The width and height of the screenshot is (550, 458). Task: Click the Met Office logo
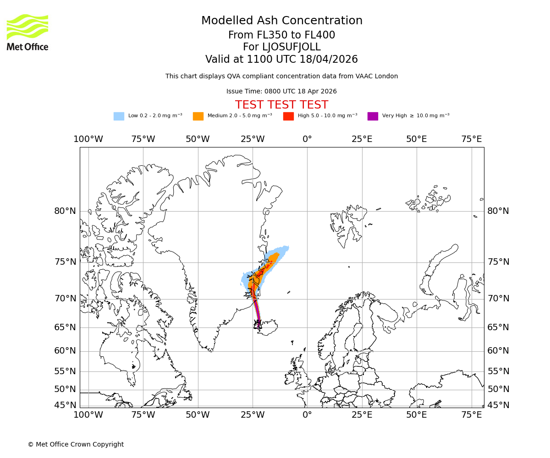[x=27, y=32]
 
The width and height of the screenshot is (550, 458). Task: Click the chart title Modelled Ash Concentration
[x=281, y=21]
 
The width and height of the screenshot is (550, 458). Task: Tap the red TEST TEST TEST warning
[x=281, y=105]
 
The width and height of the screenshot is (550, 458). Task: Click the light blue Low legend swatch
[x=119, y=116]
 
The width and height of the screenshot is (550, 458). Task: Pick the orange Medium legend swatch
[x=198, y=116]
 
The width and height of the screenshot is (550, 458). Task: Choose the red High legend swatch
[x=288, y=116]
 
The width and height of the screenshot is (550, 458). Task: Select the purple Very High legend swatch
[x=373, y=116]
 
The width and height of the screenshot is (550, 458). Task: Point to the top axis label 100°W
[x=88, y=139]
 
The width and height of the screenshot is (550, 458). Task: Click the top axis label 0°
[x=307, y=139]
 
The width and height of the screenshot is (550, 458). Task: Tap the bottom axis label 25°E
[x=362, y=415]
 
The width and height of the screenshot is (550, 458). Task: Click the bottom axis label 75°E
[x=471, y=415]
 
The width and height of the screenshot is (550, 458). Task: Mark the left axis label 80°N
[x=65, y=211]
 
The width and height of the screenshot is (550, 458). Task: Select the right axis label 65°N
[x=498, y=327]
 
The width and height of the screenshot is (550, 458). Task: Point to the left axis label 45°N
[x=65, y=405]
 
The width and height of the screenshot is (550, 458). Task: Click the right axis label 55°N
[x=498, y=371]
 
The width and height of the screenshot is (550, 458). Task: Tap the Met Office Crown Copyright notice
[x=76, y=444]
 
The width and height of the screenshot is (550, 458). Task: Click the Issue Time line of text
[x=281, y=91]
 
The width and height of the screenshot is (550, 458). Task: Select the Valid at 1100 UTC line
[x=281, y=60]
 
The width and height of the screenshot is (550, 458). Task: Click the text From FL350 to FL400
[x=281, y=35]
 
